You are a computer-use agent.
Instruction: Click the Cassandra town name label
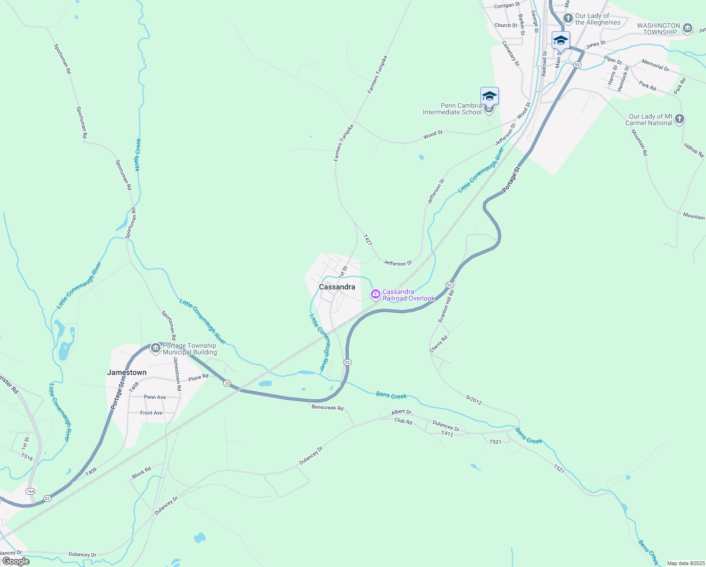click(337, 287)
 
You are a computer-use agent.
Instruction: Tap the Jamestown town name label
click(126, 372)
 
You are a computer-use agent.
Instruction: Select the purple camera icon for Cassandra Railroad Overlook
click(376, 294)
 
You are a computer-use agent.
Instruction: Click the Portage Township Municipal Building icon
click(156, 349)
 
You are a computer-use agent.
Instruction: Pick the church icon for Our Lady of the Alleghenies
click(568, 19)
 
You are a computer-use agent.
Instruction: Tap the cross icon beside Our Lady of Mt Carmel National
click(679, 119)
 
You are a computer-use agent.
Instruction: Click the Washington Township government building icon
click(688, 28)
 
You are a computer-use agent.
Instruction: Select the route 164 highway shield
click(31, 491)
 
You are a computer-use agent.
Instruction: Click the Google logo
click(16, 561)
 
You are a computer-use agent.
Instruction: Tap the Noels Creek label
click(138, 155)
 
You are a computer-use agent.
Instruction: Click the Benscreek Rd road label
click(328, 407)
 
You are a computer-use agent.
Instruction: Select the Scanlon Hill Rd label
click(446, 306)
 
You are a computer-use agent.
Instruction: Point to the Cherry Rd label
click(438, 344)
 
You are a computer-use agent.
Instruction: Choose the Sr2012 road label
click(474, 400)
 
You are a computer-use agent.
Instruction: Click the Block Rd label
click(142, 472)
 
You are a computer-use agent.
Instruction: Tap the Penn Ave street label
click(155, 397)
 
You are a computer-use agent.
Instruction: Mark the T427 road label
click(368, 240)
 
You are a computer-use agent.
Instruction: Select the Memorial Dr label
click(656, 65)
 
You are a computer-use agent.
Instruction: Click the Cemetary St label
click(511, 53)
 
